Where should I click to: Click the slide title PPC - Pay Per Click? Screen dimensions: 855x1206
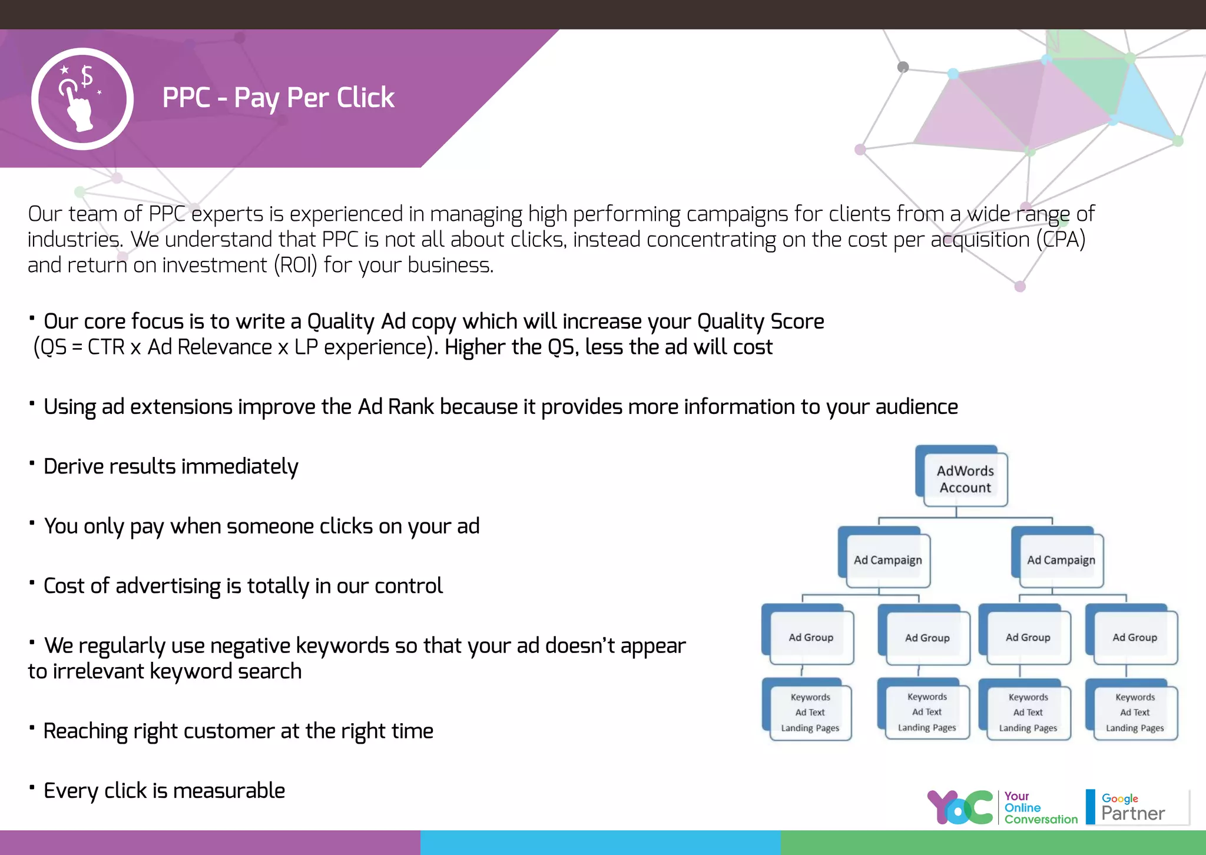(278, 98)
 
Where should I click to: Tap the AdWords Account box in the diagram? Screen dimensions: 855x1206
(965, 479)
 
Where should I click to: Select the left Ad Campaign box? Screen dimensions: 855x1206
(887, 560)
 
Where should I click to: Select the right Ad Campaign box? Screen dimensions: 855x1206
(1061, 560)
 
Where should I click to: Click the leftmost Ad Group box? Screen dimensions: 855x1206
(810, 637)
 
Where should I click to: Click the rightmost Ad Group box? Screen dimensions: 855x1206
(1134, 637)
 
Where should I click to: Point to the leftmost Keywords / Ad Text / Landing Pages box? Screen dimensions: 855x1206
(810, 712)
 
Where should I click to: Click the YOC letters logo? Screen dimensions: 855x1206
(960, 807)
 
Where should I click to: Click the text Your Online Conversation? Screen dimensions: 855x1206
(1039, 808)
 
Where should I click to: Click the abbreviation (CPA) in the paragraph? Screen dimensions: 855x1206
(1061, 240)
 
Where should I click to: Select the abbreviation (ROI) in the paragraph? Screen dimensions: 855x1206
(295, 266)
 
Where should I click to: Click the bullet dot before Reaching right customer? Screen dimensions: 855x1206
(32, 727)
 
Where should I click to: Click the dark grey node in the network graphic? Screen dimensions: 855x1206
(903, 67)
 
